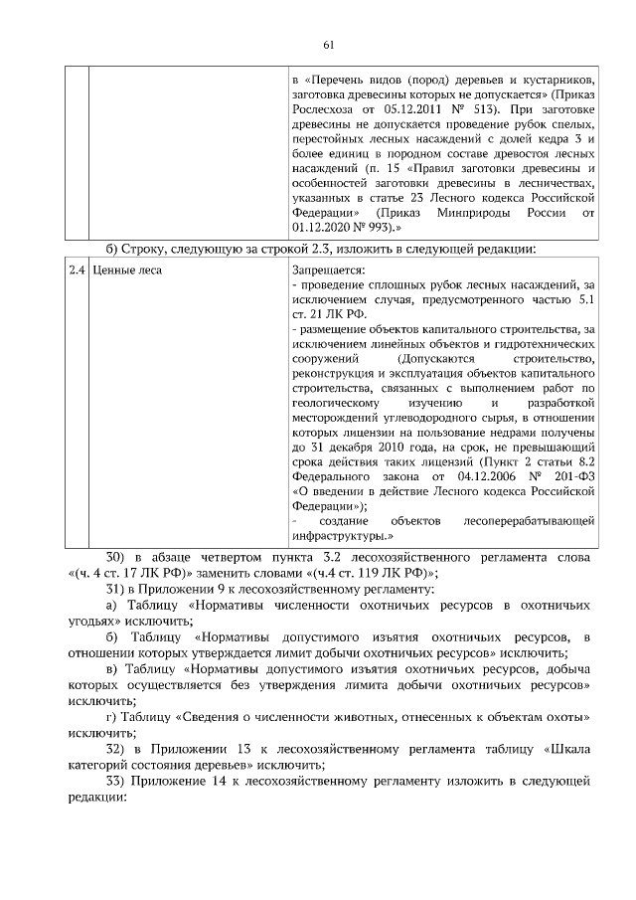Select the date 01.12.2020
324,228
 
